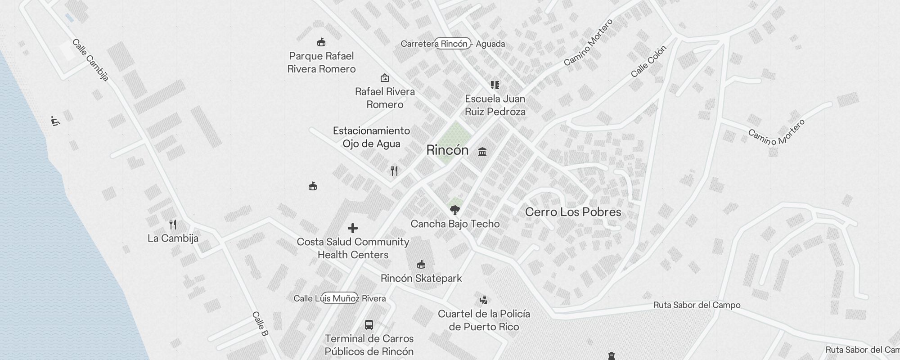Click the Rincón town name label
tap(447, 150)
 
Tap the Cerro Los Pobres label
tap(573, 212)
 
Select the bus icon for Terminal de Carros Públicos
tap(369, 325)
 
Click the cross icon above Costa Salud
tap(353, 228)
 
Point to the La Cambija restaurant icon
tap(173, 224)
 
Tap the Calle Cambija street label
tap(90, 60)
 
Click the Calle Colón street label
tap(648, 61)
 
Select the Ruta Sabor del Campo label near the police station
tap(697, 305)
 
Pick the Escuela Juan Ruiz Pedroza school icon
tap(495, 85)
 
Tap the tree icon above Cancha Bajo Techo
tap(455, 210)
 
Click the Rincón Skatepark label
tap(421, 278)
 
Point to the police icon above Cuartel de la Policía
tap(484, 300)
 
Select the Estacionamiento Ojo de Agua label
tap(371, 137)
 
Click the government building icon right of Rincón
tap(482, 152)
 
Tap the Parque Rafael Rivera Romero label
tap(321, 63)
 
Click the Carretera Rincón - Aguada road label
tap(453, 44)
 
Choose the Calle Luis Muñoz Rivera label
tap(339, 298)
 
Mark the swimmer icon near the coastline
tap(55, 121)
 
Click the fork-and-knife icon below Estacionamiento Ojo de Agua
tap(394, 171)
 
